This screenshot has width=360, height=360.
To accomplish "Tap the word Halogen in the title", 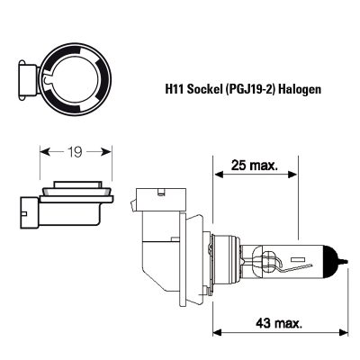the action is pos(299,90).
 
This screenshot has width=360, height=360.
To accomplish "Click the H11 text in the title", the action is pos(175,89).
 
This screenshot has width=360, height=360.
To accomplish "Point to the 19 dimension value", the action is pos(75,152).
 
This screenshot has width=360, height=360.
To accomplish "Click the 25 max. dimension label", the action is pos(255,166).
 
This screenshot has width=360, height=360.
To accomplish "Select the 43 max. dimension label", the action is pos(279,323).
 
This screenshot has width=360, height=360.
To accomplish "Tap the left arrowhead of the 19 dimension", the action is pos(45,152).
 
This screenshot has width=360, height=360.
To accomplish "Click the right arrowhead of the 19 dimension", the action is pos(106,152).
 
